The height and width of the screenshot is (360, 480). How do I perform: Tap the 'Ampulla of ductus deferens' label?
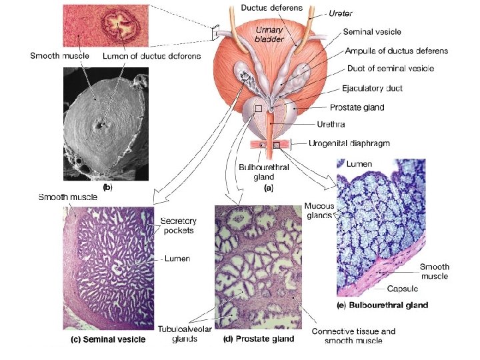(x=397, y=51)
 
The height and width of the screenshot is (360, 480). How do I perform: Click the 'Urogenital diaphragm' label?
(x=349, y=143)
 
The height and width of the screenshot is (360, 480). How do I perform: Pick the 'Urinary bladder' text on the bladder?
(x=269, y=34)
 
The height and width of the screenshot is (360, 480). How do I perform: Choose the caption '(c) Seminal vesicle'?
(x=108, y=339)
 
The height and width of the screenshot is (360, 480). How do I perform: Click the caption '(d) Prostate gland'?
(x=259, y=339)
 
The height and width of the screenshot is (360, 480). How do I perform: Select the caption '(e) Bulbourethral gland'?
(x=381, y=305)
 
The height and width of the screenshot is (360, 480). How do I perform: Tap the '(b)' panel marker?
(x=106, y=188)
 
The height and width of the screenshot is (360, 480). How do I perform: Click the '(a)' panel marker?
(x=269, y=188)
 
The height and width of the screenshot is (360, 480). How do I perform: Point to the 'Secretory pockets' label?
(x=177, y=226)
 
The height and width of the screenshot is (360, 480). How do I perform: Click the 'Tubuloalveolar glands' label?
(x=177, y=335)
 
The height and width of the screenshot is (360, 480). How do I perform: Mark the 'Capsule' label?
(x=403, y=289)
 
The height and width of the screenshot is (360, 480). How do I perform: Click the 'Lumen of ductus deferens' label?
(x=151, y=57)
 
